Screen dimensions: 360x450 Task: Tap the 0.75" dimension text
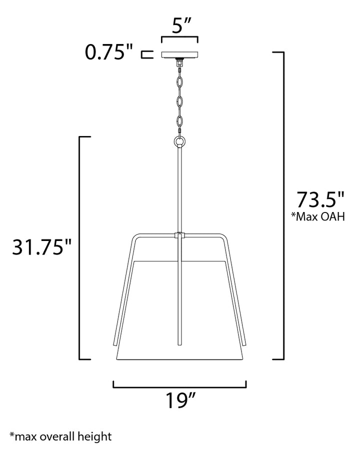[109, 52]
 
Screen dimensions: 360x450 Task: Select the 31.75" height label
[41, 247]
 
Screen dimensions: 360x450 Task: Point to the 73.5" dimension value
[320, 199]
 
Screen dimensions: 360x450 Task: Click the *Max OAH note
[318, 216]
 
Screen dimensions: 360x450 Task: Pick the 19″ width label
[180, 400]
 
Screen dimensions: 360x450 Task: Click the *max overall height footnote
[60, 436]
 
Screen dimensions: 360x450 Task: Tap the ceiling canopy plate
[179, 55]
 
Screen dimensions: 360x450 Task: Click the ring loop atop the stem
[179, 141]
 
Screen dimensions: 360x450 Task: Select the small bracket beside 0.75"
[147, 54]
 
